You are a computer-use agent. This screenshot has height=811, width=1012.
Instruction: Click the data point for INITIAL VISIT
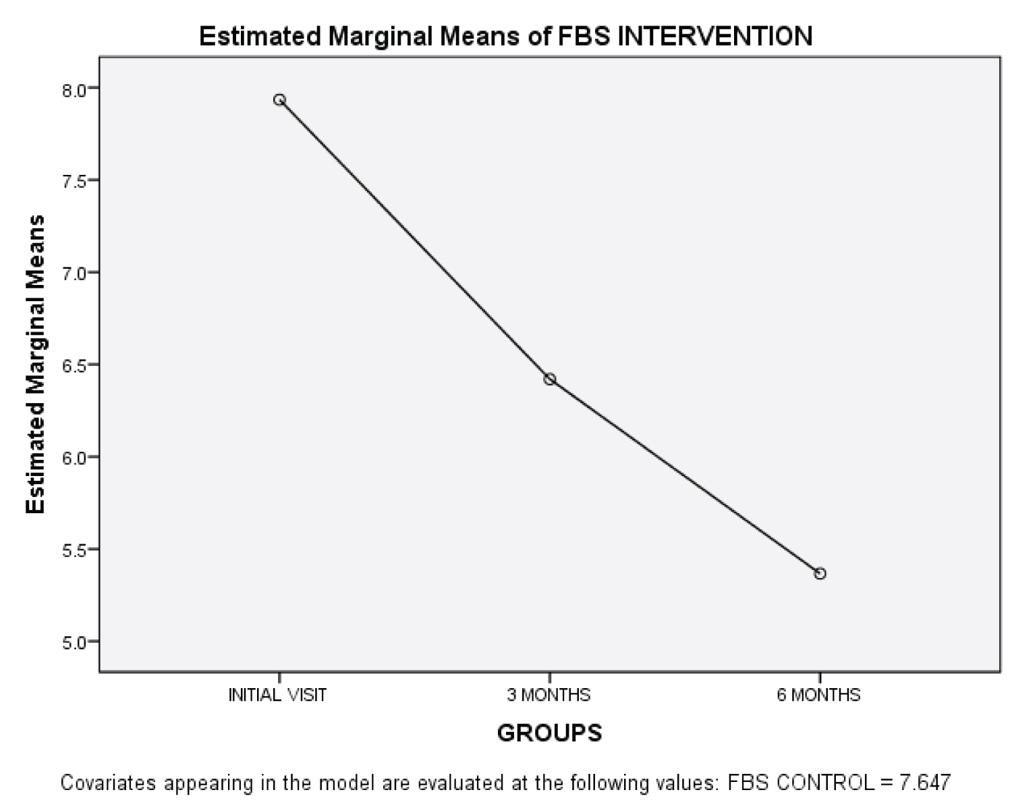click(x=279, y=100)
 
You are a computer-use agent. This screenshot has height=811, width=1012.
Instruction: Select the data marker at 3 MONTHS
click(x=550, y=380)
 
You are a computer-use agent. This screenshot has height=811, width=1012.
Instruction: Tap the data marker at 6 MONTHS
click(x=820, y=574)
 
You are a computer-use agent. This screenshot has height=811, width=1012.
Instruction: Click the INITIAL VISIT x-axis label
click(x=277, y=696)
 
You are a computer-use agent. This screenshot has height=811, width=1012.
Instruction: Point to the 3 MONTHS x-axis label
click(x=549, y=696)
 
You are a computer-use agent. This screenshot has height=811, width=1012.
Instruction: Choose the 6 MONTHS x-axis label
click(x=818, y=696)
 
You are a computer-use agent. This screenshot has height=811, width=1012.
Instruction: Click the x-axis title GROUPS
click(x=549, y=733)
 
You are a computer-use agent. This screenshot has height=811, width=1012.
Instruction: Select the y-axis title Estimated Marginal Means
click(x=36, y=365)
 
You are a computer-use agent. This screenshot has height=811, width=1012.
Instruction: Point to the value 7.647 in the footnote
click(x=925, y=783)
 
